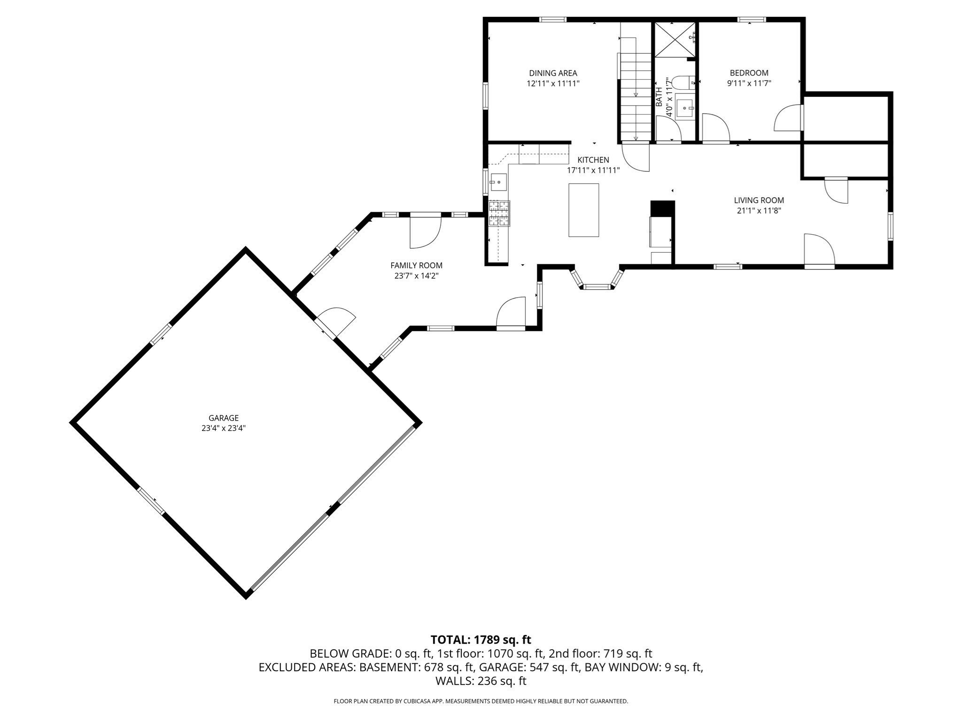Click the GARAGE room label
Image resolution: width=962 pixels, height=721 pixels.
point(224,418)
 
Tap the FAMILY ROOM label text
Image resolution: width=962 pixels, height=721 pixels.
point(416,266)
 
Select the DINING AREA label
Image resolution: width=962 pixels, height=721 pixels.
point(553,73)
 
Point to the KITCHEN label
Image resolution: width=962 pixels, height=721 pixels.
point(593,160)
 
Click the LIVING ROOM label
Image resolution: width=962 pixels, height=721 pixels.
point(759,200)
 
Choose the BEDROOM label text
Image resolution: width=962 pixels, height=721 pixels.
point(749,73)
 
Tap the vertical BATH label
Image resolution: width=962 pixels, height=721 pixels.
point(659,96)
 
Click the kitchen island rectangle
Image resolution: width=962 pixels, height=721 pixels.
point(583,210)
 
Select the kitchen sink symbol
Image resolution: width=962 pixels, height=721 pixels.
point(498,182)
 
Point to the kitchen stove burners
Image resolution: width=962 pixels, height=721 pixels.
point(499,214)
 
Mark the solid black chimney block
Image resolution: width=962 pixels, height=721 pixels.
point(662,208)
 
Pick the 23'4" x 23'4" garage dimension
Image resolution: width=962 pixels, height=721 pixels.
point(224,428)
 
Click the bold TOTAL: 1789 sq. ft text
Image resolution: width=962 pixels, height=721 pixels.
point(481,640)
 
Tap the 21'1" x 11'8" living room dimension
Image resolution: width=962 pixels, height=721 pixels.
point(759,211)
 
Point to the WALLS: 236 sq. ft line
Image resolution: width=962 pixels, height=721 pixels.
point(481,681)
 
